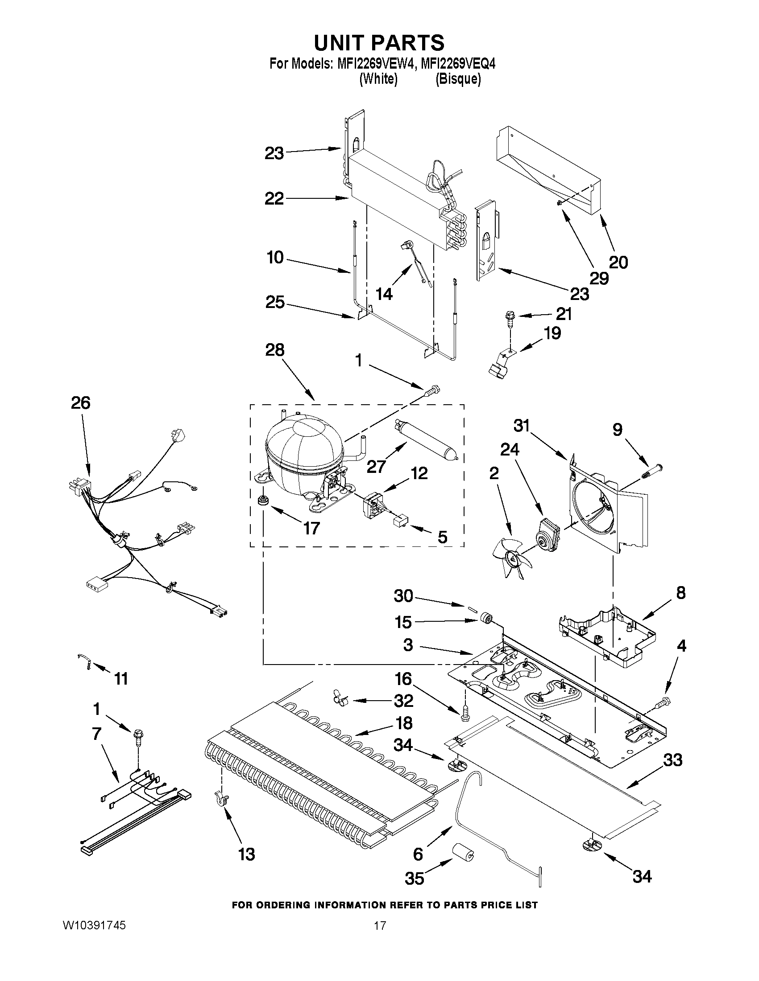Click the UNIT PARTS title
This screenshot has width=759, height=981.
[x=379, y=43]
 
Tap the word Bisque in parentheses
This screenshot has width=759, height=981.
[x=458, y=79]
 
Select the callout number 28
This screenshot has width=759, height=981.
[x=275, y=350]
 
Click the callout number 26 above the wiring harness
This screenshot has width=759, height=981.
[x=80, y=403]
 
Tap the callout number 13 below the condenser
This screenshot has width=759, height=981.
[x=247, y=854]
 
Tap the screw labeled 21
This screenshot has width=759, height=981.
[x=508, y=317]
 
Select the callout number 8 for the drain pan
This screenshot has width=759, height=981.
[x=681, y=593]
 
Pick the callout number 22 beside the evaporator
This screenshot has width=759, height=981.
[x=274, y=198]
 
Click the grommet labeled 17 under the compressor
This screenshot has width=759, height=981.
[x=261, y=501]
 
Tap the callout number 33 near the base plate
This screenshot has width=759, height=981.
[x=673, y=760]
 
